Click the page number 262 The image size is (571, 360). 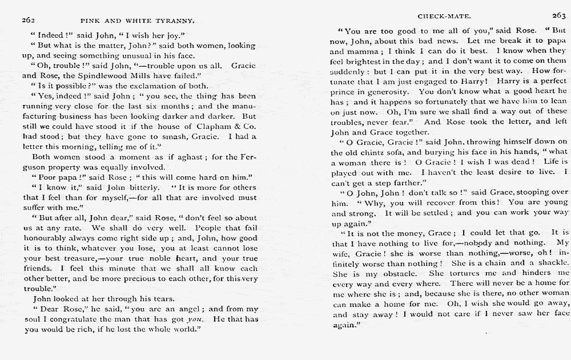pyautogui.click(x=28, y=20)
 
